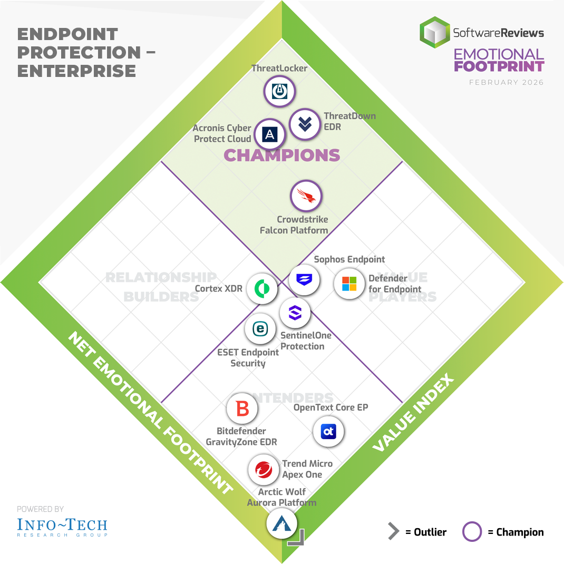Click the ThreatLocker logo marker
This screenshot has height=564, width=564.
[x=279, y=92]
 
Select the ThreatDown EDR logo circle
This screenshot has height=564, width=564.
[x=305, y=124]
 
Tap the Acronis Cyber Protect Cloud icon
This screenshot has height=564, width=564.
[x=270, y=134]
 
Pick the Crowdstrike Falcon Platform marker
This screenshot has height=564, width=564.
[x=306, y=196]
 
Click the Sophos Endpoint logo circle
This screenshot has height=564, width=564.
[x=304, y=279]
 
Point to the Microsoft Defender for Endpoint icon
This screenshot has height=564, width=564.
[x=349, y=284]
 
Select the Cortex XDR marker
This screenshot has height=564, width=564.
[x=262, y=288]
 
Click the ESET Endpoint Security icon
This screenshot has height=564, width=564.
[x=260, y=329]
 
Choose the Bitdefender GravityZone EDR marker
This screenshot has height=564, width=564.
[x=242, y=409]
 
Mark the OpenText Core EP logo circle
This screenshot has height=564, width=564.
[x=328, y=432]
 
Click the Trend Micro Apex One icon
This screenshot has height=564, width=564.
[x=264, y=470]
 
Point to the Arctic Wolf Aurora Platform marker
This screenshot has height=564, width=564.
[x=281, y=523]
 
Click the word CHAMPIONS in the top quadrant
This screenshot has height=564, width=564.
[x=282, y=155]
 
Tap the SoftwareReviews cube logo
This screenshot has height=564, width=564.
[x=435, y=33]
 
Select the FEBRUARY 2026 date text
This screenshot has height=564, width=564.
[x=506, y=83]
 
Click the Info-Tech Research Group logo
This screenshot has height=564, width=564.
[x=62, y=526]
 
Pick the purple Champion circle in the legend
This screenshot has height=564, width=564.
[x=472, y=532]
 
